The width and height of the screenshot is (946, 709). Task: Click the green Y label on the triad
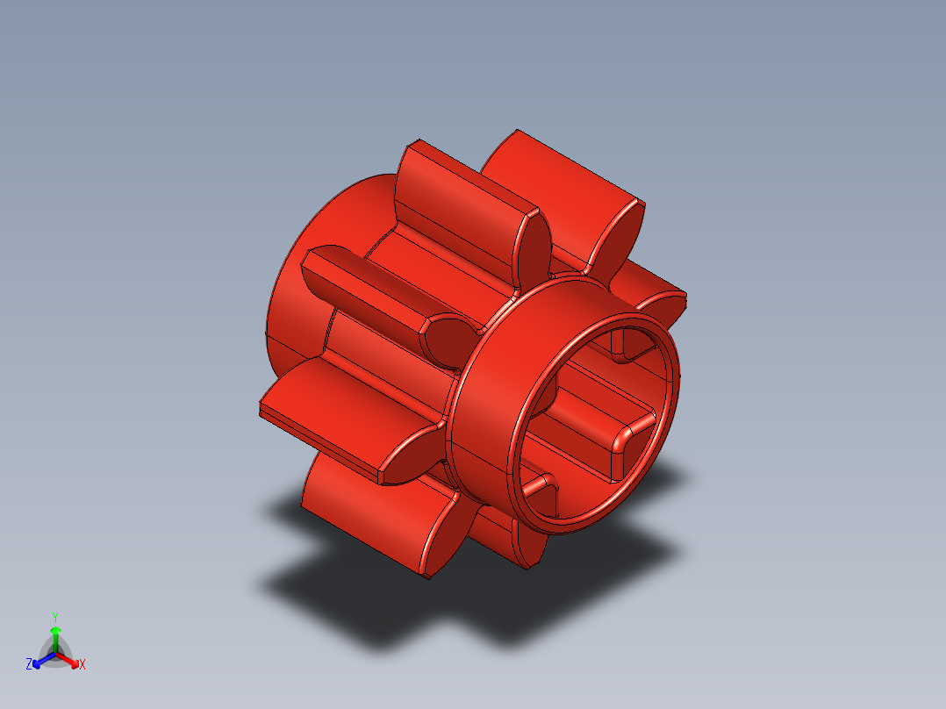click(x=54, y=617)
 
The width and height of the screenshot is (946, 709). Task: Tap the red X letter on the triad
click(x=82, y=665)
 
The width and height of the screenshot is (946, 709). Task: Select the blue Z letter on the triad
click(x=29, y=664)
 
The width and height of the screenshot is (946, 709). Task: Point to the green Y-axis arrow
click(x=54, y=635)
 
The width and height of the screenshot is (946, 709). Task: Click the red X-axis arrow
click(x=70, y=659)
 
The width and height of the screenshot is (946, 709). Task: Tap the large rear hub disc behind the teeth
click(x=294, y=290)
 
